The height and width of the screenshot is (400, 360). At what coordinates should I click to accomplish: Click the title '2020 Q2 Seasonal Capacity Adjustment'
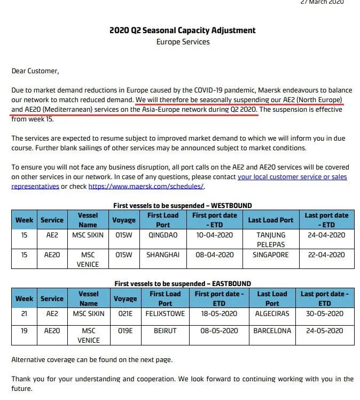183,30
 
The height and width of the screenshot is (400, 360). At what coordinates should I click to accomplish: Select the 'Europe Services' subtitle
183,42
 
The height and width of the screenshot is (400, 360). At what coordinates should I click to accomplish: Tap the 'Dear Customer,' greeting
35,70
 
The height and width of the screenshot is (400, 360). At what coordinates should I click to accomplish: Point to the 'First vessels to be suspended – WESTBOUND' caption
183,205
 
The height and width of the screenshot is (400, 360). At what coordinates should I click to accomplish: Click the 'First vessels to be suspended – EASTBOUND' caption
183,283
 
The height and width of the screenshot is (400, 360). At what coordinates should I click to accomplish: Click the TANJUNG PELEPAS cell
270,240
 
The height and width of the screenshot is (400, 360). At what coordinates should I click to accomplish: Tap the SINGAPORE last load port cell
270,255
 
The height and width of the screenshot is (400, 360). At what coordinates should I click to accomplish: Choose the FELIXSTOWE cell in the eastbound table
165,313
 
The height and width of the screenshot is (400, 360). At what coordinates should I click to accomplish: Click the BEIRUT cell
165,331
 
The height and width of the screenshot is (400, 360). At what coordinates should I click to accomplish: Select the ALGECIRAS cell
272,313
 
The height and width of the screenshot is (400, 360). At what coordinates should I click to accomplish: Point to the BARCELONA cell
272,331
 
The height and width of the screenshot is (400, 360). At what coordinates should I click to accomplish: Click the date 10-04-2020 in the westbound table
214,235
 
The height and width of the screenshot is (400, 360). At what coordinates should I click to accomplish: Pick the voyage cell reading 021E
125,313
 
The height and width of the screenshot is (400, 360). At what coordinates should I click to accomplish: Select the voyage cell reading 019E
125,331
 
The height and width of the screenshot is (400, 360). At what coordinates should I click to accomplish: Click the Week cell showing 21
24,313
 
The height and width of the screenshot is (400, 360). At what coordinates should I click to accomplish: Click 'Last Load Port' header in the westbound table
270,220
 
